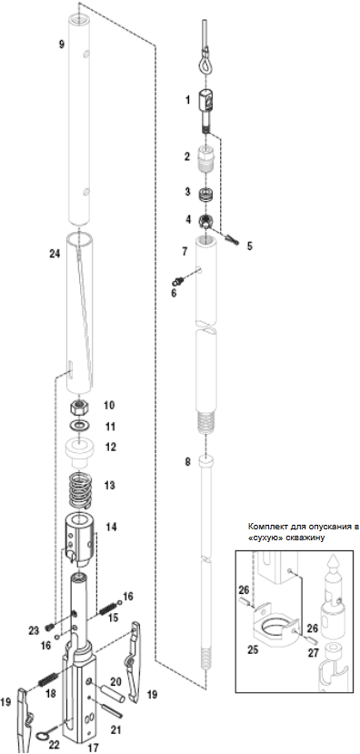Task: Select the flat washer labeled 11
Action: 79,425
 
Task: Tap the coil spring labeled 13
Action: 81,490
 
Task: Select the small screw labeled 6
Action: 179,279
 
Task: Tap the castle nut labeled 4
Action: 206,221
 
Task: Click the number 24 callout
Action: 55,255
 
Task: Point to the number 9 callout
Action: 61,45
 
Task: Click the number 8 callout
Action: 188,462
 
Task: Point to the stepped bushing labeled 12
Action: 80,453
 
